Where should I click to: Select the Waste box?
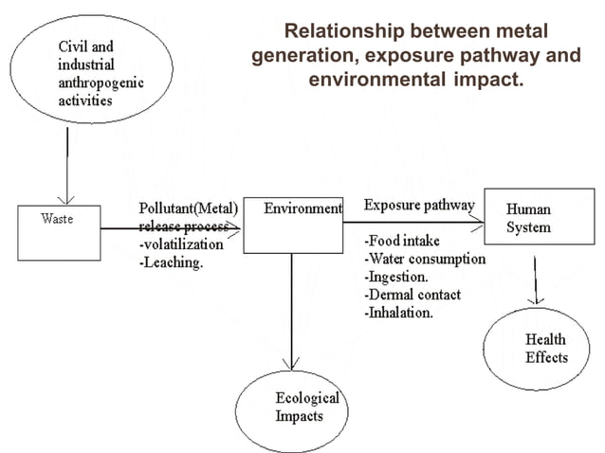click(58, 232)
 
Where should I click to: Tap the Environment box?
click(292, 225)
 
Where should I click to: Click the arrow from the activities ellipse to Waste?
click(66, 165)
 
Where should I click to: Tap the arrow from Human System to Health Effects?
click(537, 275)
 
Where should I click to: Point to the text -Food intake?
click(402, 242)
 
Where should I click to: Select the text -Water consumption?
click(425, 259)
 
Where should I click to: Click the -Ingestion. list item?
click(397, 277)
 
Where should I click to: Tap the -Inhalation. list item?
click(399, 313)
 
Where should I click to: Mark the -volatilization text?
click(181, 245)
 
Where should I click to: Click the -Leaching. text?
click(172, 263)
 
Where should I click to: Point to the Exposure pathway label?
click(419, 206)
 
